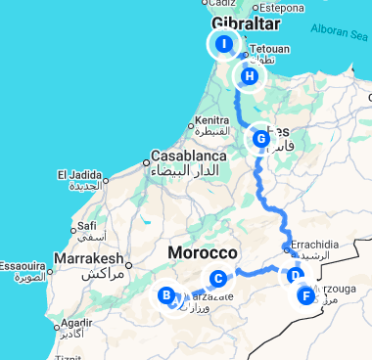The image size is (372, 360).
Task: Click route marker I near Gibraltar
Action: pyautogui.click(x=224, y=44)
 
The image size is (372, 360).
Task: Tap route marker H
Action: pyautogui.click(x=251, y=76)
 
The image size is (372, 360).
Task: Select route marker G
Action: pyautogui.click(x=261, y=139)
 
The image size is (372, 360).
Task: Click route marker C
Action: pyautogui.click(x=218, y=278)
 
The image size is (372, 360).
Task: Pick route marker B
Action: pyautogui.click(x=166, y=294)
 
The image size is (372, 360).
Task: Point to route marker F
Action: pyautogui.click(x=307, y=295)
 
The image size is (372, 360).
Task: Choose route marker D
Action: pyautogui.click(x=295, y=276)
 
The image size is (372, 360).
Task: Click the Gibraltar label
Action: pyautogui.click(x=245, y=23)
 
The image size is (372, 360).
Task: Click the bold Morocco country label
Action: pyautogui.click(x=203, y=252)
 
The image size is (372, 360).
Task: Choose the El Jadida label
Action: pyautogui.click(x=83, y=175)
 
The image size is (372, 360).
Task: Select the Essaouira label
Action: pyautogui.click(x=23, y=265)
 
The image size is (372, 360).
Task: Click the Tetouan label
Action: pyautogui.click(x=270, y=49)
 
